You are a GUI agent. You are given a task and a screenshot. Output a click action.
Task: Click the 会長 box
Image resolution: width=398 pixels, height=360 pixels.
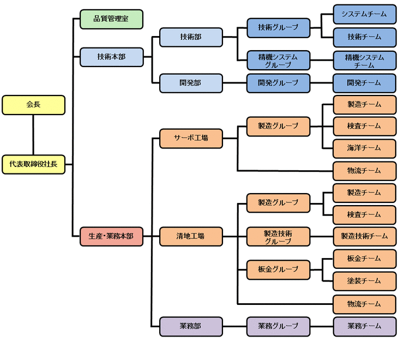point(33,105)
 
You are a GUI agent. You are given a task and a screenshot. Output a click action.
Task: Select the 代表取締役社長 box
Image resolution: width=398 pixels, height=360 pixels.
point(33,164)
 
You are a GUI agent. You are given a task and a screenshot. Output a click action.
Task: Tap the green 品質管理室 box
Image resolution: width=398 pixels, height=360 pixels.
point(111,19)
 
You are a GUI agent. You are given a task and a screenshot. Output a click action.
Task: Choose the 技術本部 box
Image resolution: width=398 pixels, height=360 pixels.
point(111,57)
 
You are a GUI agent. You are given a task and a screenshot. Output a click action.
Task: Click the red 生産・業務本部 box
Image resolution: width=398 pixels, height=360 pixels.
point(111,236)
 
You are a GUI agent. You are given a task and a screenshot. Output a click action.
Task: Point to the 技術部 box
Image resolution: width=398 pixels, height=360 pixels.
point(191,37)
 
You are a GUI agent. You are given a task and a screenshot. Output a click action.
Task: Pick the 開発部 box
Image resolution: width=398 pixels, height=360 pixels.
point(191,83)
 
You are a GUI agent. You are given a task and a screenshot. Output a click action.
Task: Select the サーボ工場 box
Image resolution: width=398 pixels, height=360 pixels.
point(191,138)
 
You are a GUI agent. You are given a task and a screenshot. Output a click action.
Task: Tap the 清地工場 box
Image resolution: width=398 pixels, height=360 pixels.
point(191,236)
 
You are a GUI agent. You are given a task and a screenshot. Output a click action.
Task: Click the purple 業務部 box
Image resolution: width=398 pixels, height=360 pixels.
point(191,326)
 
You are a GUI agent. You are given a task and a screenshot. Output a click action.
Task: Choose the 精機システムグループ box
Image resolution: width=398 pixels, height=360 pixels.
point(278,61)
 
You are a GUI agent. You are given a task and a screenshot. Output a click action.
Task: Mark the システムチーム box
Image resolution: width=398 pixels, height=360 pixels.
point(364,14)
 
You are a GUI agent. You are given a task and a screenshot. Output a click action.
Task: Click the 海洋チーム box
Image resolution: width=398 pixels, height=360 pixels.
point(364,148)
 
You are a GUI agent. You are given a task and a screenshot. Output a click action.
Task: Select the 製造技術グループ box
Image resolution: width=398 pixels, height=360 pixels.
point(278,237)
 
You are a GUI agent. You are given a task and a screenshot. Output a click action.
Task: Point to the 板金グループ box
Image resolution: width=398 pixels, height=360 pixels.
point(278,269)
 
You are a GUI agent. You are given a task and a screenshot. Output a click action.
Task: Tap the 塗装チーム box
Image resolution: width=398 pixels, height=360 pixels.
point(364,281)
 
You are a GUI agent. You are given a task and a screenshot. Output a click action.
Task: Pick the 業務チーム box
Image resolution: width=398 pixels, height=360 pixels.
point(364,326)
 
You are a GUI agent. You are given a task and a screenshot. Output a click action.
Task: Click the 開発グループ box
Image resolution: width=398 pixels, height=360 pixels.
point(278,83)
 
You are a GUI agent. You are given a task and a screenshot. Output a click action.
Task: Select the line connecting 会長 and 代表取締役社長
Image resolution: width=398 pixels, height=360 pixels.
point(33,134)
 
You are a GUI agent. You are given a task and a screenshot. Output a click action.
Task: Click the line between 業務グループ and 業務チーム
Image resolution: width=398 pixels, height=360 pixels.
point(322,326)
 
